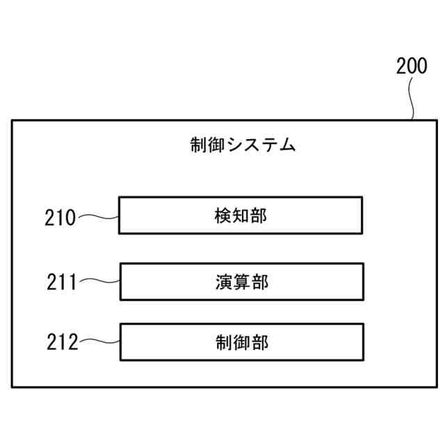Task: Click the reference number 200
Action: (x=412, y=67)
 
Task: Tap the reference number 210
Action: (x=60, y=218)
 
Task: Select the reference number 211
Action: (x=62, y=282)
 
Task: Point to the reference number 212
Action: (x=62, y=342)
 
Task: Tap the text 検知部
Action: (x=241, y=216)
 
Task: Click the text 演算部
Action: (x=241, y=282)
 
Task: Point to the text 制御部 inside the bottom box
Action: (x=241, y=342)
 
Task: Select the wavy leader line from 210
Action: (x=97, y=217)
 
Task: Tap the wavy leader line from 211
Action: (x=99, y=282)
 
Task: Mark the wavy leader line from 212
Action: (x=99, y=341)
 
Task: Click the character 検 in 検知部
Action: (x=223, y=216)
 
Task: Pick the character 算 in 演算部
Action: (x=241, y=282)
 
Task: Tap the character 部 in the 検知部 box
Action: (x=259, y=216)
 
